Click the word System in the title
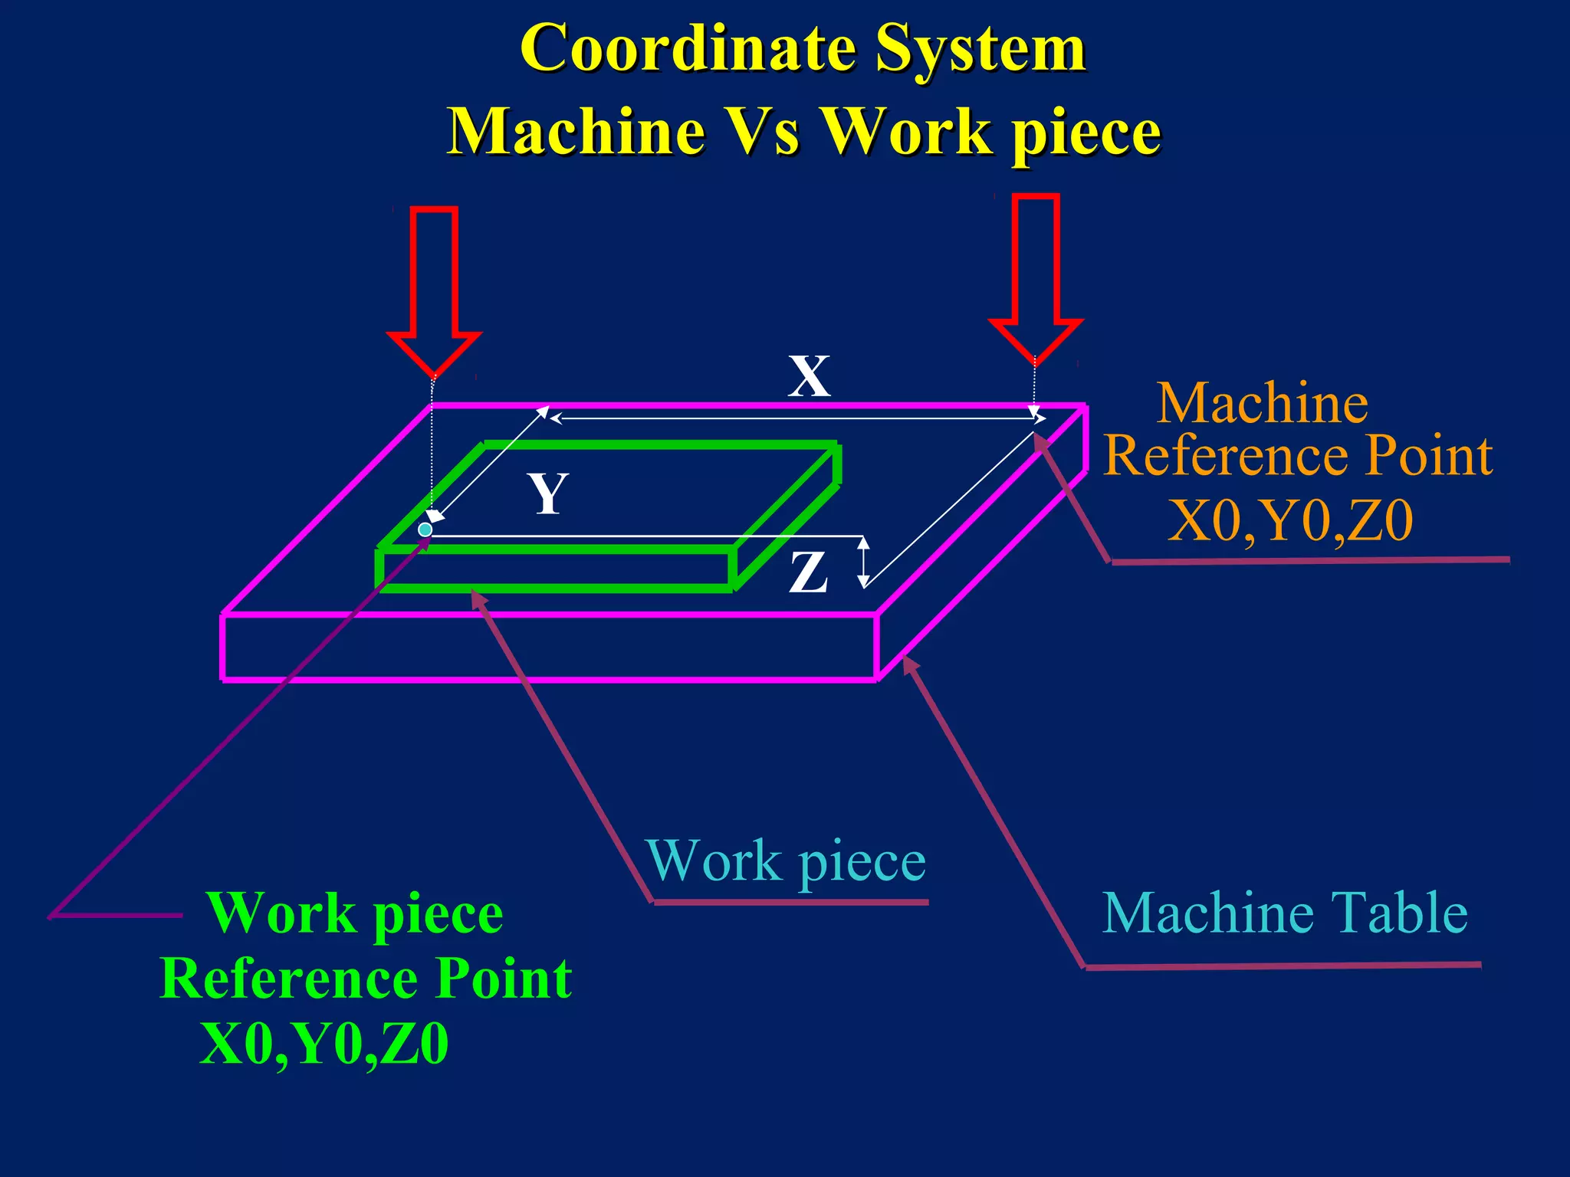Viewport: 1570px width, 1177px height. [980, 50]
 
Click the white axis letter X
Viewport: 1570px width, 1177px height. [809, 376]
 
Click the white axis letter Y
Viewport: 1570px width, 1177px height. [547, 493]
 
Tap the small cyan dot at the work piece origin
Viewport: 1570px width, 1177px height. [425, 529]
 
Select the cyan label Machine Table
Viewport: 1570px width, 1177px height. [1285, 913]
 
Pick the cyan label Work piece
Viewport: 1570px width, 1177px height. [786, 862]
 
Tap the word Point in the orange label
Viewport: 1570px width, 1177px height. [1429, 456]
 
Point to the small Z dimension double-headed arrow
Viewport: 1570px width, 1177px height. [863, 562]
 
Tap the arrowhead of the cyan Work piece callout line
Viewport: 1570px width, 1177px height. [477, 597]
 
